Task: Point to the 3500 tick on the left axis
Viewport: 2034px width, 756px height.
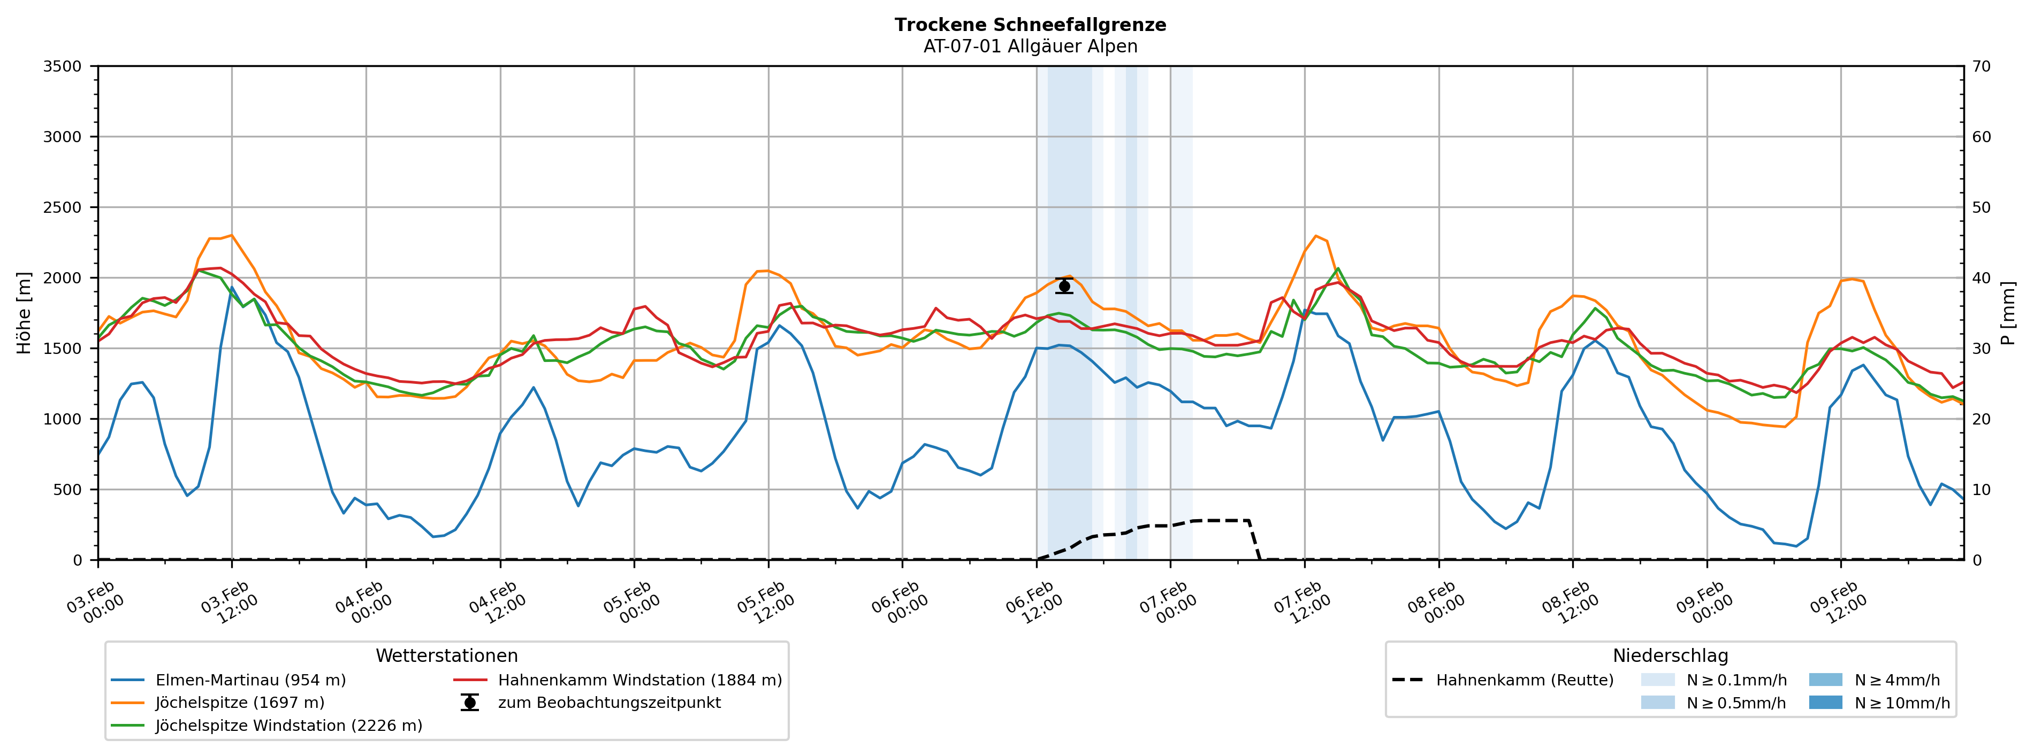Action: point(63,66)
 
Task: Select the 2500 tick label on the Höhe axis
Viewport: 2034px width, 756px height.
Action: point(63,207)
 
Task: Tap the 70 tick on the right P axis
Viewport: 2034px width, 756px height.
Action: point(1981,66)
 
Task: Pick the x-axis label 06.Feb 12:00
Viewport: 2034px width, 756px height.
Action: point(1034,604)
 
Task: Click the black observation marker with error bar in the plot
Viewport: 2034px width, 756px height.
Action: point(1064,286)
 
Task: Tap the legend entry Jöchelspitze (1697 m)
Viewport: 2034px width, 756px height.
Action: point(239,703)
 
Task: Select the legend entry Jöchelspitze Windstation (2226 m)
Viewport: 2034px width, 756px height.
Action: point(288,725)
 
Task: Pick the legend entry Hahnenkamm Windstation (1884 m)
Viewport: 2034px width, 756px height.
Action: point(639,680)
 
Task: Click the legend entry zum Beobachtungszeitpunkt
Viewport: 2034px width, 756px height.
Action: point(609,703)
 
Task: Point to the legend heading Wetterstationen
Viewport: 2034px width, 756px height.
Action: point(446,656)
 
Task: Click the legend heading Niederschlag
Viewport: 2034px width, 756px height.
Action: point(1670,656)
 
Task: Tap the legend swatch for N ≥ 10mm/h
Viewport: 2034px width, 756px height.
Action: point(1825,703)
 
